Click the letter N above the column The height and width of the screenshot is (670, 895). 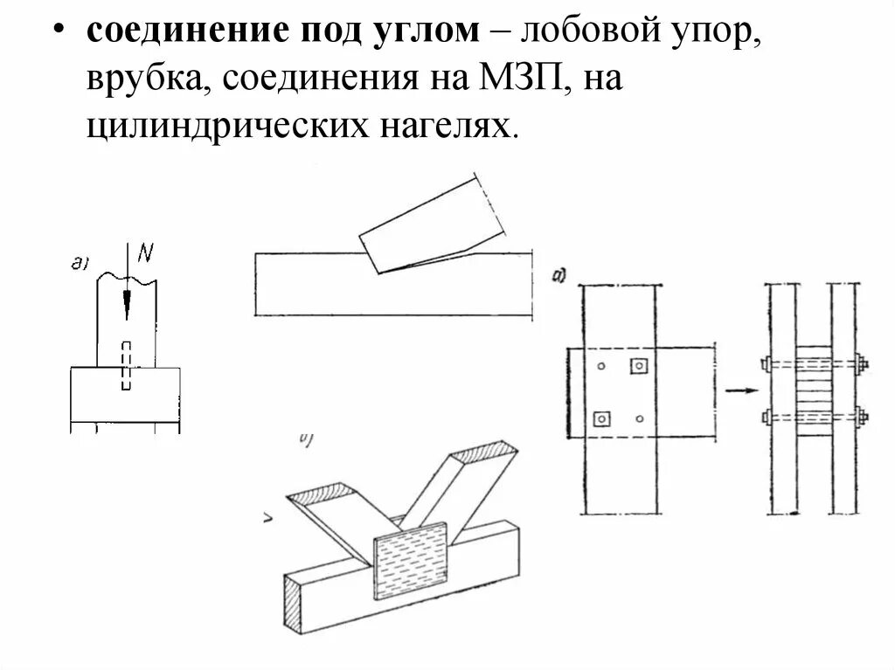[x=145, y=253]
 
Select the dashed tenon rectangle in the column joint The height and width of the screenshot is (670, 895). [x=127, y=365]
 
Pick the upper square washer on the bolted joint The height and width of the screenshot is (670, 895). [x=639, y=364]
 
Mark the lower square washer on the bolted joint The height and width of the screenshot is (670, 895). [x=602, y=418]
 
